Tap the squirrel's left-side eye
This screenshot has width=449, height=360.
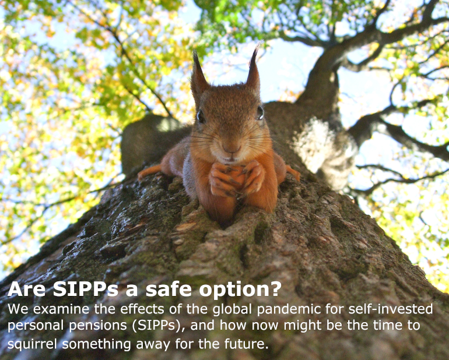point(201,117)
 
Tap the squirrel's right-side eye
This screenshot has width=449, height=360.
point(260,112)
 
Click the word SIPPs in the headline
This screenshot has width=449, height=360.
point(86,289)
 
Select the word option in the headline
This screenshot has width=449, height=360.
point(233,290)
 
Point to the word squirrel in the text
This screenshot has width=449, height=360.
point(32,344)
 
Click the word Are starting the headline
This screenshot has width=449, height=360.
point(26,289)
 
